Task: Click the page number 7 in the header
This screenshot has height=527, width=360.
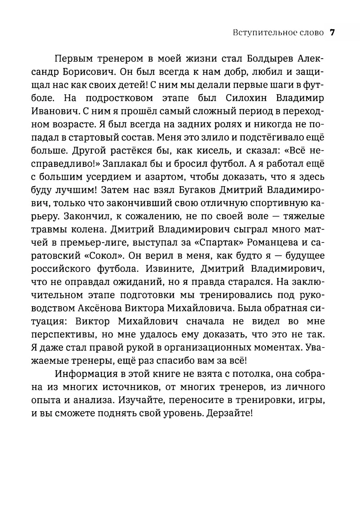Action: click(332, 33)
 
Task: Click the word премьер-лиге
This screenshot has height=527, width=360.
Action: click(93, 242)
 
